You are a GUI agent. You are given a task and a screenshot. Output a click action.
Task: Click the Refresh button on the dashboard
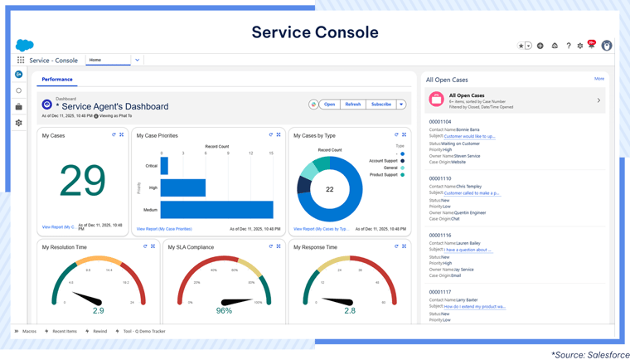point(353,105)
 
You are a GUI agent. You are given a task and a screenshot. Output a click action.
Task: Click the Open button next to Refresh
point(329,105)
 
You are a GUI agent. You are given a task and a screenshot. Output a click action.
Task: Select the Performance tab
point(56,80)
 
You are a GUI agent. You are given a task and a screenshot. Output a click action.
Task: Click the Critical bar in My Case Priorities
point(164,166)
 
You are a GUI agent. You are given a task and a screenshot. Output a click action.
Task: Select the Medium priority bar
point(216,209)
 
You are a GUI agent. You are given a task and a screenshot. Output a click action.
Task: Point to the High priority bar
point(182,187)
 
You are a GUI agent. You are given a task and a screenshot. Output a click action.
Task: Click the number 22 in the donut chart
point(329,189)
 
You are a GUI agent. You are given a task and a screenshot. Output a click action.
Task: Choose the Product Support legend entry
point(382,175)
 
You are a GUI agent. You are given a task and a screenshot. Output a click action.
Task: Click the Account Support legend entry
point(380,160)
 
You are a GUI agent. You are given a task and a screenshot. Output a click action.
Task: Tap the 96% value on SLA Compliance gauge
point(224,310)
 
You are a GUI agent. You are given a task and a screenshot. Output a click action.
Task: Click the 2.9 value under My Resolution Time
point(98,310)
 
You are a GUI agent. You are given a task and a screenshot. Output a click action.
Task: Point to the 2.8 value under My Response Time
point(350,310)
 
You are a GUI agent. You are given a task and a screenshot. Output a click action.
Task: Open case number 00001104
point(440,121)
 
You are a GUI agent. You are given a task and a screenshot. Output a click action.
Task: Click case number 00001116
point(440,236)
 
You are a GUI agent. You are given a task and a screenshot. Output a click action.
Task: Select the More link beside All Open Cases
point(598,79)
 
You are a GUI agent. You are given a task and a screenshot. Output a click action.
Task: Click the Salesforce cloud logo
point(24,45)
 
